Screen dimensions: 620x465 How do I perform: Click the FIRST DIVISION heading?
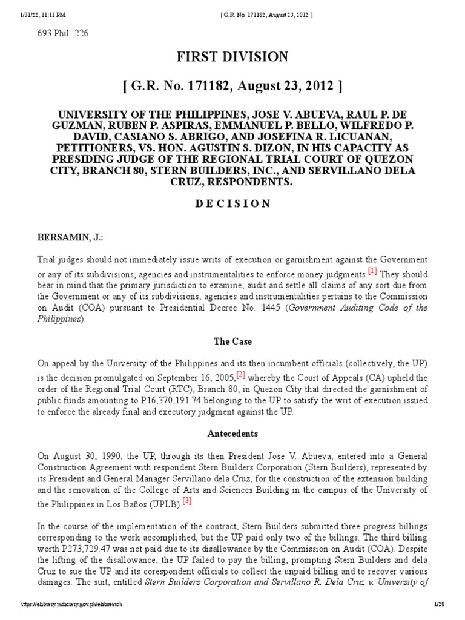(232, 57)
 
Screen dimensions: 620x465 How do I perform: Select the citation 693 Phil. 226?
(63, 33)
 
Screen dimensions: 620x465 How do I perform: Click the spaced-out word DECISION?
(232, 203)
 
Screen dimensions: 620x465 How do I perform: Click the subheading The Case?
(232, 341)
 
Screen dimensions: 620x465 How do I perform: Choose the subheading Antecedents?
(232, 434)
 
